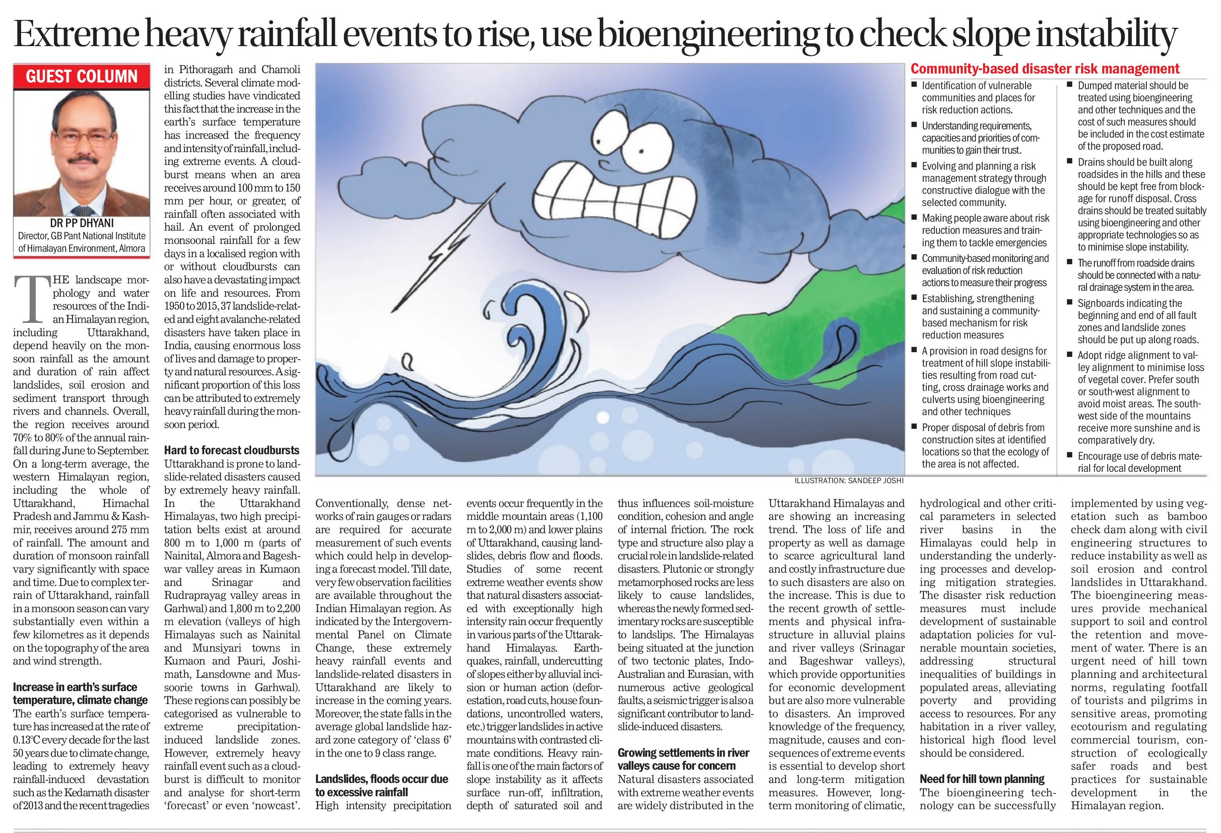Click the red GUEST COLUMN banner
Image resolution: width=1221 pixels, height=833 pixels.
tap(81, 77)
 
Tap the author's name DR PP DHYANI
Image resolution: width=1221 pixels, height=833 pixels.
tap(81, 223)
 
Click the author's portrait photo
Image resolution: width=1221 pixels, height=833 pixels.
tap(81, 152)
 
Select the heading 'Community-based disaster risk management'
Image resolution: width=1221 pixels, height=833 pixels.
tap(1045, 69)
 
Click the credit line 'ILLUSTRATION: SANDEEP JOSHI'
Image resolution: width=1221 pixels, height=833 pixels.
tap(849, 480)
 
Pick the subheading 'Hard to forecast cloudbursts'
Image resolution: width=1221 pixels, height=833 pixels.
tap(232, 450)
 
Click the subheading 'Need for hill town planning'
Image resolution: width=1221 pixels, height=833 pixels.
tap(982, 779)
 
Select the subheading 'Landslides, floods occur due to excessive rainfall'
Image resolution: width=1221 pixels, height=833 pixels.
tap(381, 786)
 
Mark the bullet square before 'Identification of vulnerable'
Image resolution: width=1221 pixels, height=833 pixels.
tap(915, 84)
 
